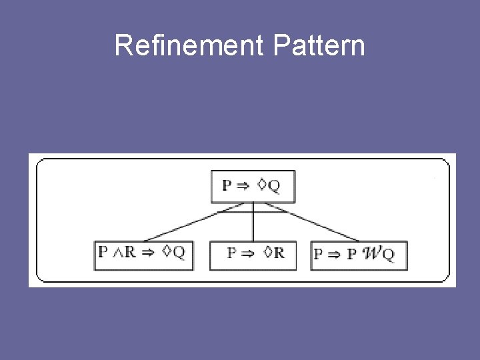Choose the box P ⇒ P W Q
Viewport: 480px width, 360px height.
358,255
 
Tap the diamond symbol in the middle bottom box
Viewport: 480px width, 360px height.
267,253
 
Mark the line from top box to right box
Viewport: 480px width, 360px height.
313,224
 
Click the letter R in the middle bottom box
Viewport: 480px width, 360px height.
279,253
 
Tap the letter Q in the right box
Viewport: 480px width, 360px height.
388,254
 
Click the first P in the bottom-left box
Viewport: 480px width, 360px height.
102,252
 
